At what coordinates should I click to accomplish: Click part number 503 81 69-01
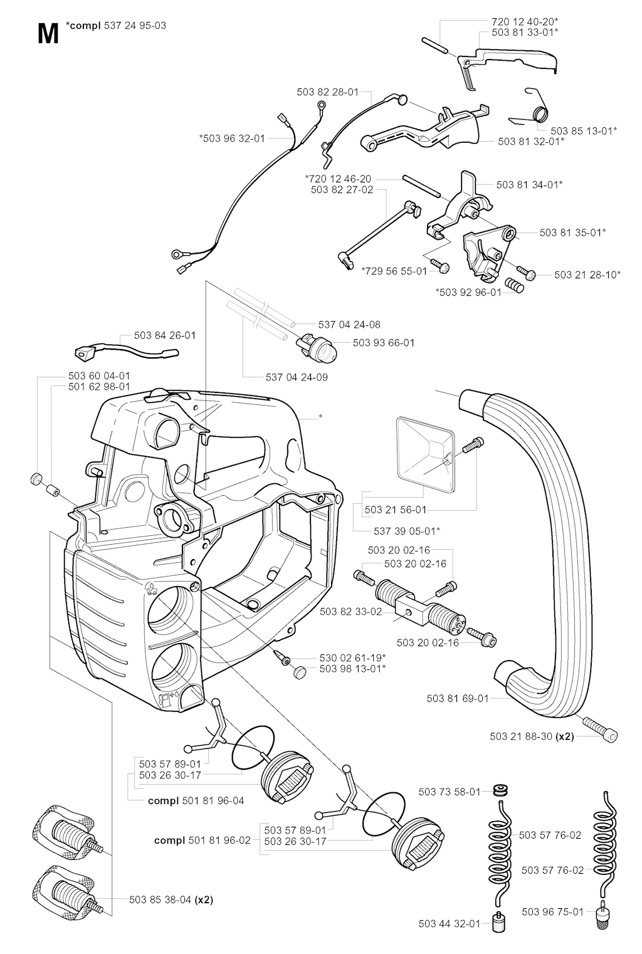click(x=457, y=698)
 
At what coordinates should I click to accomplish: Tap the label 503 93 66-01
click(x=384, y=343)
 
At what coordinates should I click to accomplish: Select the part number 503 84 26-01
click(x=164, y=335)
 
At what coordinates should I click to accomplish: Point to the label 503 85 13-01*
click(x=584, y=131)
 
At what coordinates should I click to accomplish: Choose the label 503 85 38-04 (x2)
click(x=171, y=899)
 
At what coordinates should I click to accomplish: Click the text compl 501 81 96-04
click(x=196, y=800)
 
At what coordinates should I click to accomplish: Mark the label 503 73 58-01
click(x=450, y=792)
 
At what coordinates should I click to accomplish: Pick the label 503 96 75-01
click(x=552, y=911)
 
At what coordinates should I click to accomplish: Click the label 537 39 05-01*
click(x=406, y=531)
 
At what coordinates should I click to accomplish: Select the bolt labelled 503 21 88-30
click(x=601, y=730)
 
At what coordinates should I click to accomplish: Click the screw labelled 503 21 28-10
click(x=527, y=274)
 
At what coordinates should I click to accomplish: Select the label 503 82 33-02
click(x=350, y=611)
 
